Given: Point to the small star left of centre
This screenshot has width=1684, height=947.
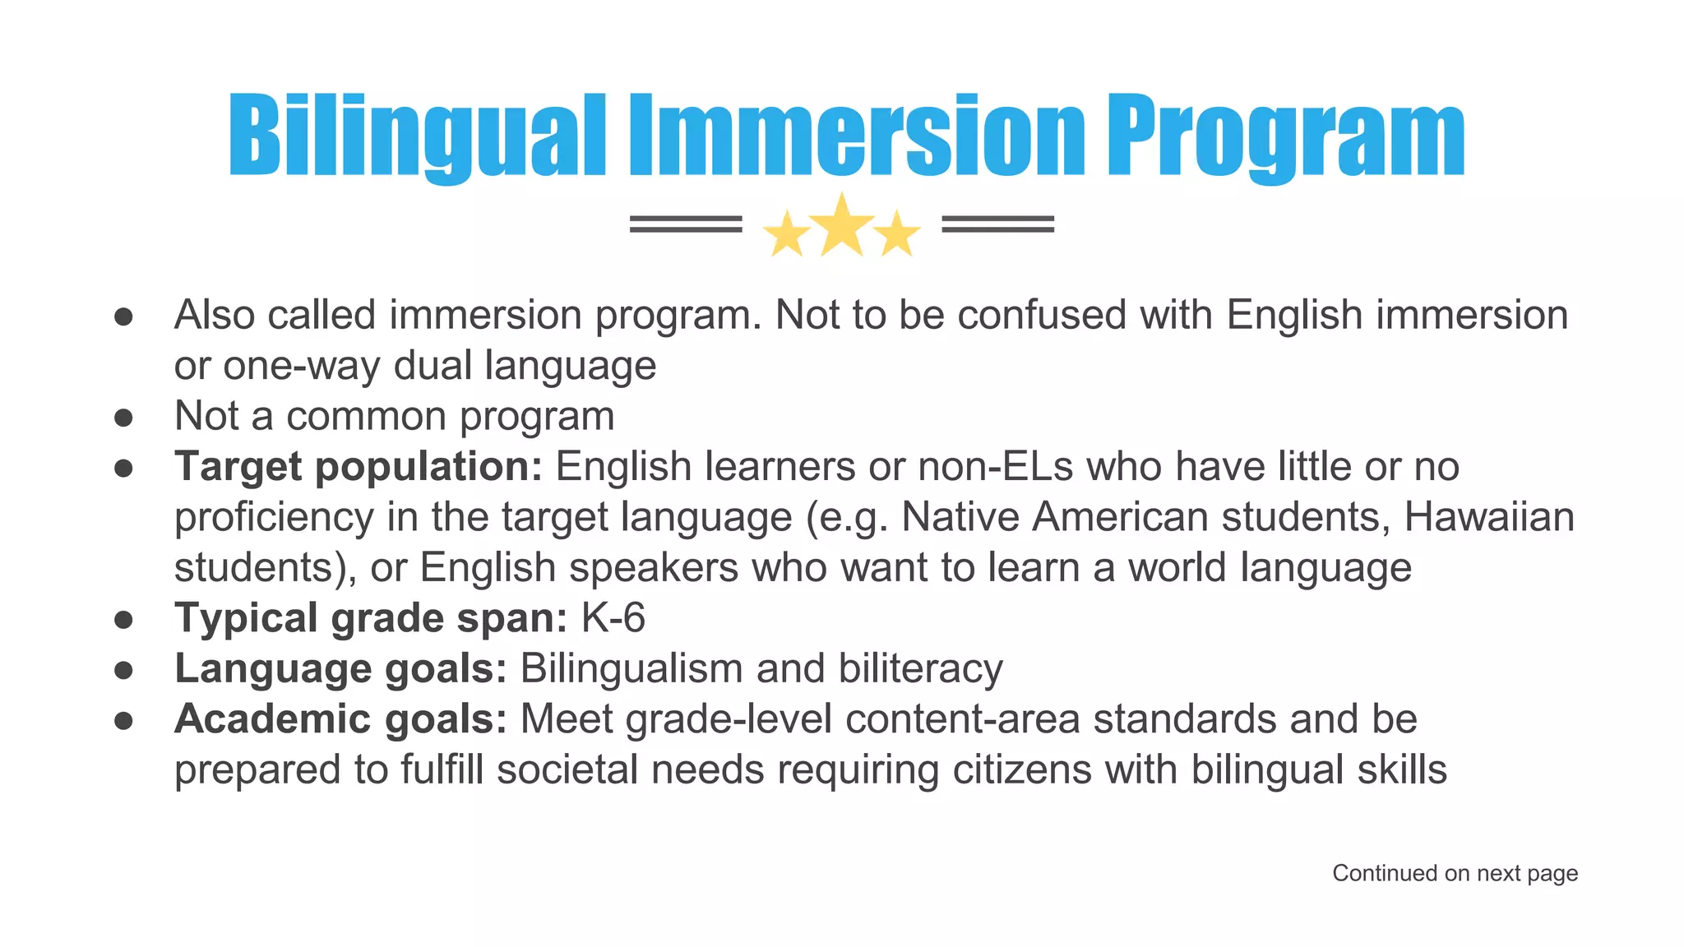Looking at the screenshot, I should [x=787, y=234].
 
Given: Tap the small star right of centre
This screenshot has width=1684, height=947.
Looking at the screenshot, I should [x=897, y=234].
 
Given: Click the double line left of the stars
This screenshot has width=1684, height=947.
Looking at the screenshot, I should [x=686, y=224].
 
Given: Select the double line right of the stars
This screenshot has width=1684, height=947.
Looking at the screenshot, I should [x=997, y=224].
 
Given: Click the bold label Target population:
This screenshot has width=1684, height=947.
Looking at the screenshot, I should [x=359, y=467].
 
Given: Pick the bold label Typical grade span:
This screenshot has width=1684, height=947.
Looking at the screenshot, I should [x=371, y=618].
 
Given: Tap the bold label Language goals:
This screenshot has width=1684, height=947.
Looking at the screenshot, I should [x=340, y=668].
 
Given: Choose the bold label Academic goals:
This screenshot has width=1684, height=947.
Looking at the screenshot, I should [x=340, y=719].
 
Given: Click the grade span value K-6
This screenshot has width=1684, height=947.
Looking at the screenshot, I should [x=613, y=618].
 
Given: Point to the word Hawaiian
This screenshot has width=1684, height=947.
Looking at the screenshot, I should [x=1489, y=517].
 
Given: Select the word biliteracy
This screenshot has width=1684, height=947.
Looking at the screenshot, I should [x=920, y=668].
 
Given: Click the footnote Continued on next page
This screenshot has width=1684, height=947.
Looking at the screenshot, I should [x=1455, y=873].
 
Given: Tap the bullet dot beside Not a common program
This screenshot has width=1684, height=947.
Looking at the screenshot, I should [x=124, y=418].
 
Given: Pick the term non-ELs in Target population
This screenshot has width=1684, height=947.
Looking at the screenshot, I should [x=996, y=467].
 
